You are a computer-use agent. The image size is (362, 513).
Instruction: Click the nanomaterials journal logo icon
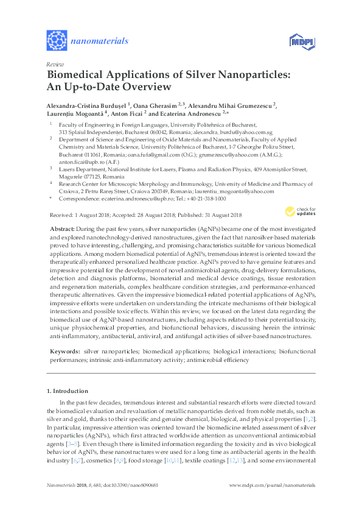pyautogui.click(x=57, y=41)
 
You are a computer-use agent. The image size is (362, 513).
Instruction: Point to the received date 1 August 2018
pyautogui.click(x=91, y=215)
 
